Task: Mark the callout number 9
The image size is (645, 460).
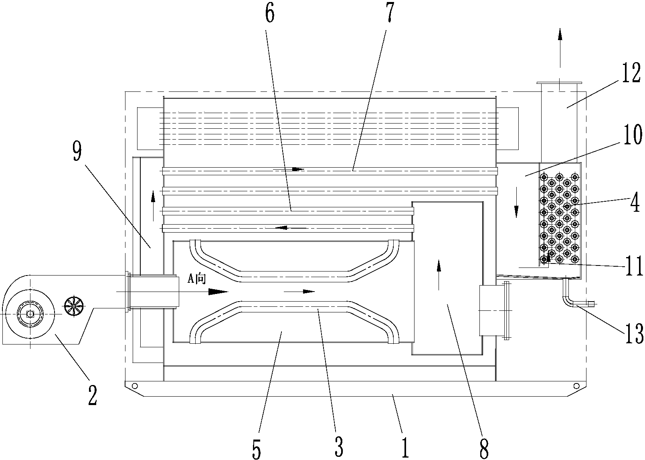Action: coord(77,152)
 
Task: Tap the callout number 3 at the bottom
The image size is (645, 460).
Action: coord(339,446)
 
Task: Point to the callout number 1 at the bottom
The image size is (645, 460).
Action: coord(405,447)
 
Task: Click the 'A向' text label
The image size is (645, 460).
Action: coord(197,279)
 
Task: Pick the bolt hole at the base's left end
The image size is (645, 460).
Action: coord(134,386)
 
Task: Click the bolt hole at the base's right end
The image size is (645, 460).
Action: coord(576,386)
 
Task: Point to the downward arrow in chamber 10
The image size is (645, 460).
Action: coord(516,203)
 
